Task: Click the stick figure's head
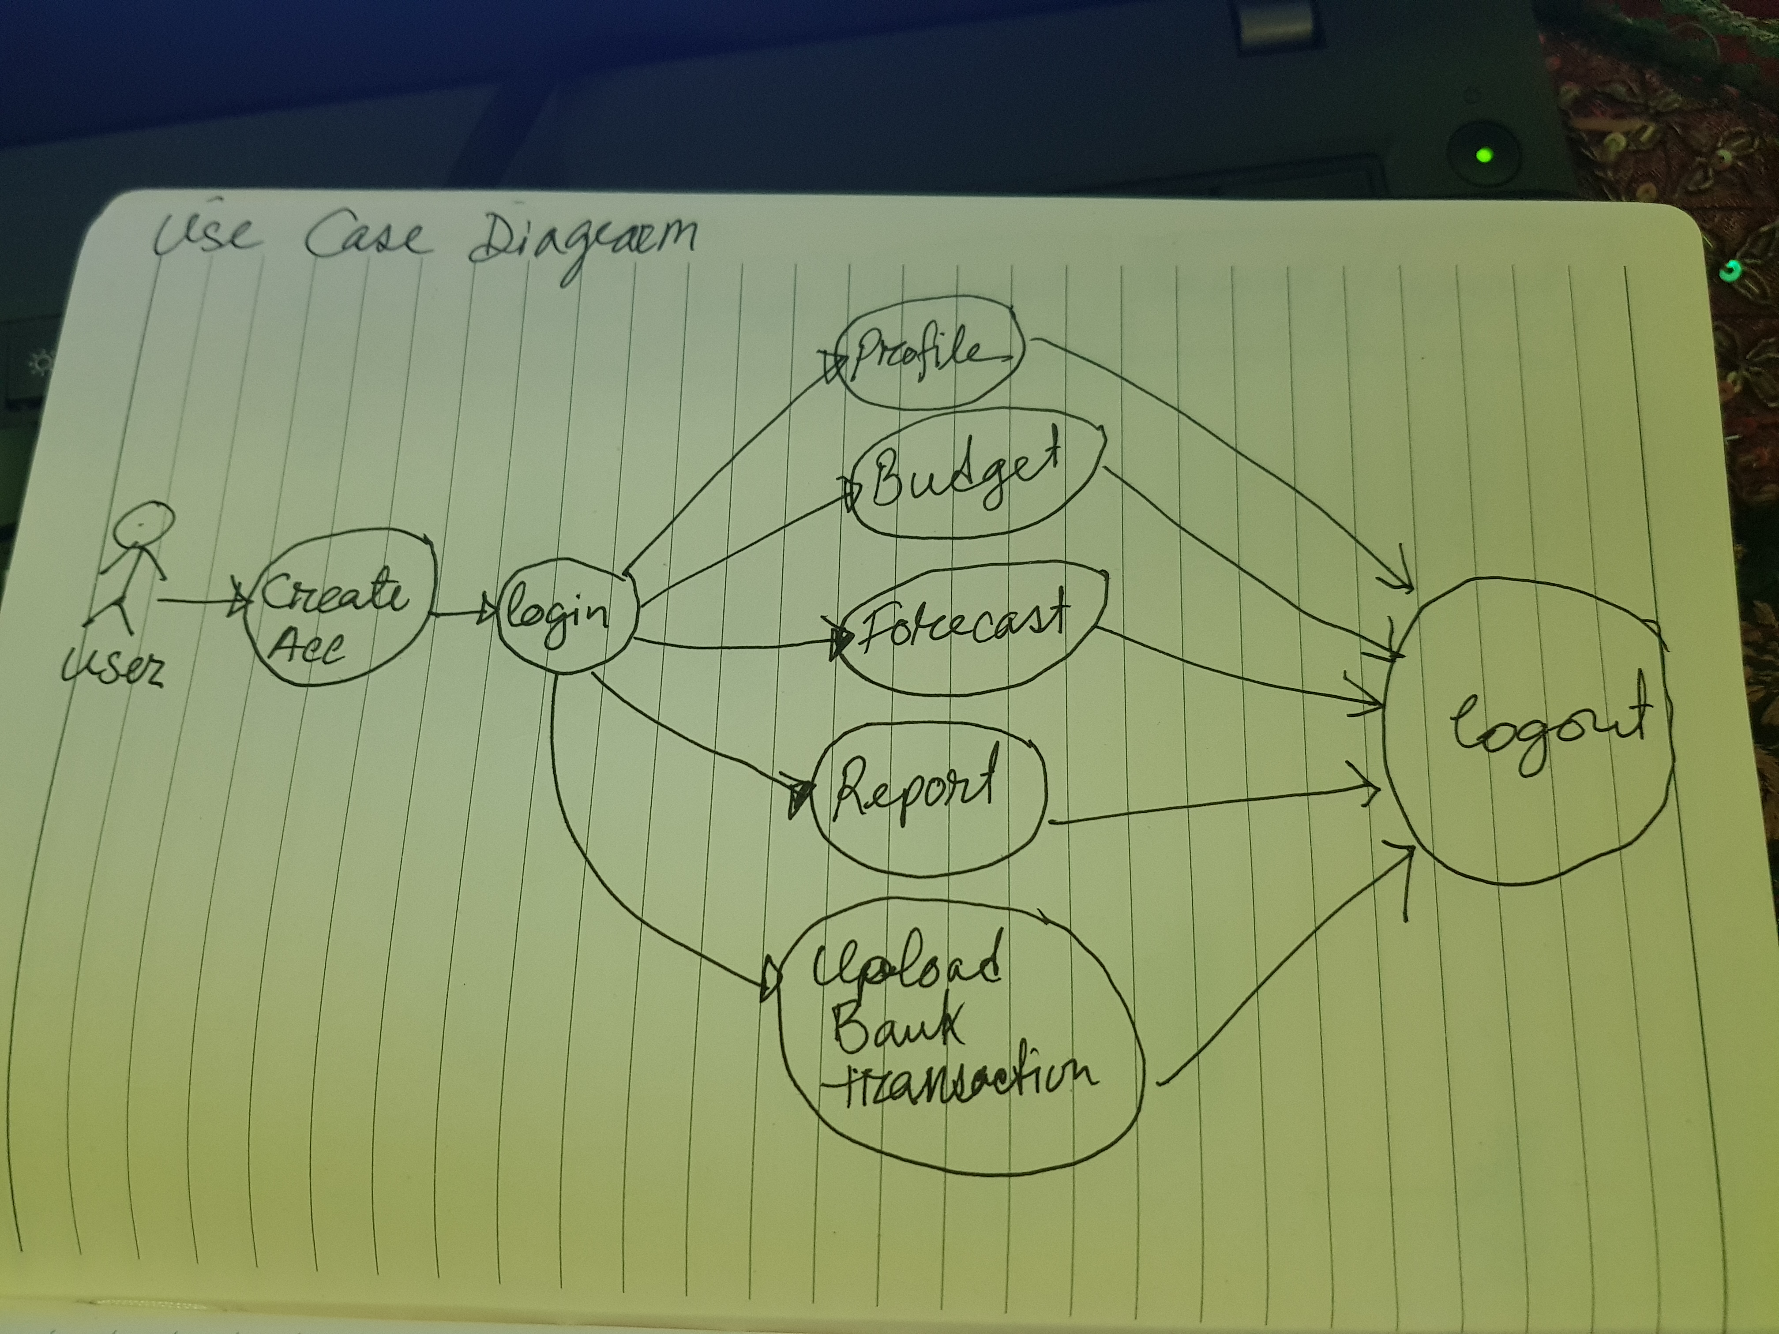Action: coord(143,527)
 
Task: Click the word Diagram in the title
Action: coord(583,241)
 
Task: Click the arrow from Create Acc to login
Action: coord(462,615)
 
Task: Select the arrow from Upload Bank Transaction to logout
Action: coord(1287,965)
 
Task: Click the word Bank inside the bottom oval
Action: coord(897,1025)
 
